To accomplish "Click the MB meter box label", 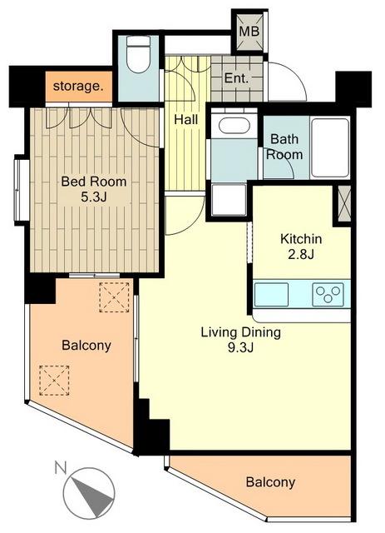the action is click(249, 32).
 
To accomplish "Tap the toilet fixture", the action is click(138, 54).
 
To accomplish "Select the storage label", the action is click(78, 87).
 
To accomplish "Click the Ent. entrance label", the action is click(237, 78).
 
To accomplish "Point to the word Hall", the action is click(185, 120).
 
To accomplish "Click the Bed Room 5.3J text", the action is click(94, 189).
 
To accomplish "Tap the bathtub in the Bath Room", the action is click(330, 147).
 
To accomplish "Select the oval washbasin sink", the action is click(234, 126).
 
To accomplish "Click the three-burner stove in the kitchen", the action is click(328, 294).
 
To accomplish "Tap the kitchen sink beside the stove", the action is click(272, 294).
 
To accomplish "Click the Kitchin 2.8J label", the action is click(301, 247).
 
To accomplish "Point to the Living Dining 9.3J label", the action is click(240, 340).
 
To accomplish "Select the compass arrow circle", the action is click(89, 493).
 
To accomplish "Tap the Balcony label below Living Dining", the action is click(270, 482).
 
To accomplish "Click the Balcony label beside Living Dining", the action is click(86, 346).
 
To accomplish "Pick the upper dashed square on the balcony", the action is click(115, 297).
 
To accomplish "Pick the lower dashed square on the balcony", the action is click(54, 381).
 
